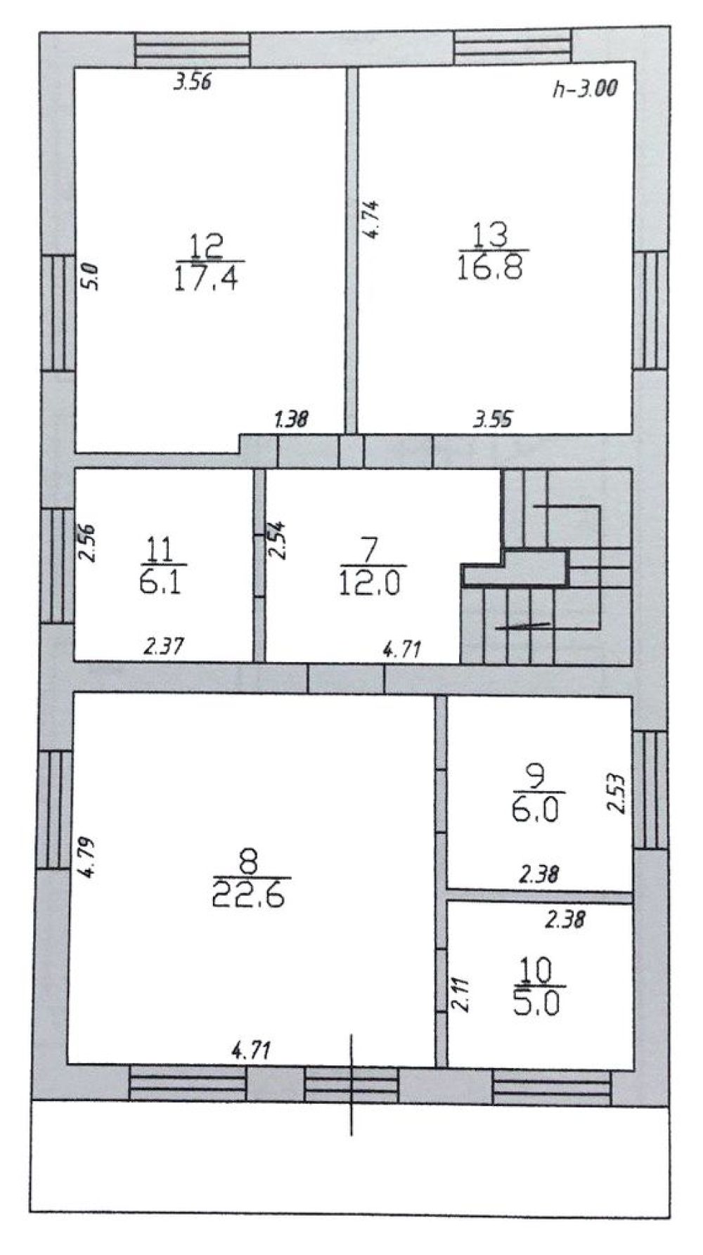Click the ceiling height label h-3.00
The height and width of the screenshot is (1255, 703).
(584, 89)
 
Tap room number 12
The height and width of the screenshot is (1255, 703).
(208, 247)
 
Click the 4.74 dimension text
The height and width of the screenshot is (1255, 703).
(374, 221)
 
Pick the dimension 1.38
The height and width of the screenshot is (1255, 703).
(291, 420)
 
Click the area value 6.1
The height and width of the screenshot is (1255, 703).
(162, 581)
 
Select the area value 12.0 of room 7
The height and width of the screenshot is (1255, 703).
(370, 583)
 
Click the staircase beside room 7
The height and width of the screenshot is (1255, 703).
(546, 566)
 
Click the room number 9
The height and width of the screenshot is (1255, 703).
(535, 779)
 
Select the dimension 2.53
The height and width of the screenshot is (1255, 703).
(617, 793)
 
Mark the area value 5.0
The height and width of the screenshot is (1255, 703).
(536, 1003)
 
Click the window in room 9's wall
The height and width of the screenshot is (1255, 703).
(650, 789)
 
